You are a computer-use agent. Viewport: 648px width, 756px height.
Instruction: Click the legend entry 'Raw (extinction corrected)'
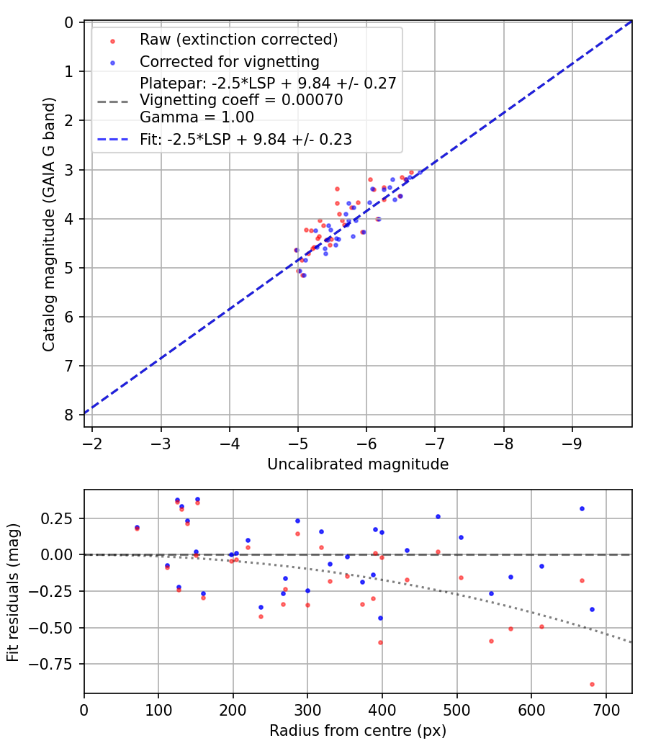coord(239,39)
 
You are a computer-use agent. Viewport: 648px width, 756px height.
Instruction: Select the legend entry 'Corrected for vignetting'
coord(230,61)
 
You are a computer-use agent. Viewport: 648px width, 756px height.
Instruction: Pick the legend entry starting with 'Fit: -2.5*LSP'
coord(246,140)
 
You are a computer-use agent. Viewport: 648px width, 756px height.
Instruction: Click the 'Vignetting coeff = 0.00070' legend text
coord(241,101)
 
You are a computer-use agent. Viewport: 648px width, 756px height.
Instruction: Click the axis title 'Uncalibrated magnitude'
coord(358,464)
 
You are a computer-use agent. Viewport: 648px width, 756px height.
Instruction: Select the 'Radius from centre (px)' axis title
coord(358,731)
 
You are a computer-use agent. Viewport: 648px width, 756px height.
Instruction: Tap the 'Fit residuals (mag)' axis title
coord(13,591)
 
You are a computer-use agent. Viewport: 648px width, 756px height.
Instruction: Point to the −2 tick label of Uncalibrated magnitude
coord(92,441)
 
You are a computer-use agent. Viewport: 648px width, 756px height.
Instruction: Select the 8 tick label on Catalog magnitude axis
coord(69,415)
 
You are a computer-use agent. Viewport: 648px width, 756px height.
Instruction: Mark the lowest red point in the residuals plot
coord(592,684)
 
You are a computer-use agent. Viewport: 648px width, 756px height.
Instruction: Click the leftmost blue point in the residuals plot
coord(137,527)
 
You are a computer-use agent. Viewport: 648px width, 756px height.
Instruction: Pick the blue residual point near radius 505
coord(461,537)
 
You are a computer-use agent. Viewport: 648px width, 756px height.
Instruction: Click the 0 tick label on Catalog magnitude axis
coord(69,22)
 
